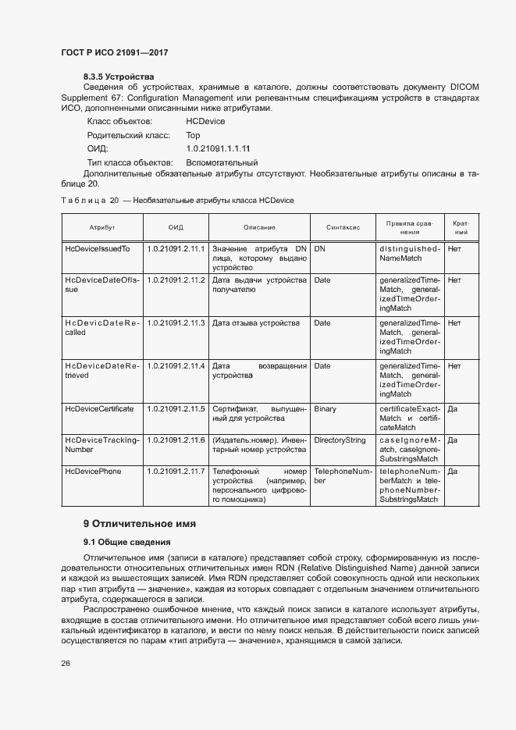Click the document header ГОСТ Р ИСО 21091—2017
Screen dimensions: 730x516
click(x=115, y=52)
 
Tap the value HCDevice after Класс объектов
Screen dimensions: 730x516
click(x=205, y=121)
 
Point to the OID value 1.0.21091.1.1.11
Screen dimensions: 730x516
click(x=218, y=148)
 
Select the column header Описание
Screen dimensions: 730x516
click(x=259, y=227)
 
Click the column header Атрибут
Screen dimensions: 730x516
click(x=101, y=227)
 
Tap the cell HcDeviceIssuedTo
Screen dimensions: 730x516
click(x=97, y=248)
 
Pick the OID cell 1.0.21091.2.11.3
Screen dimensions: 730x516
click(x=176, y=322)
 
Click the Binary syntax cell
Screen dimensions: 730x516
click(x=325, y=408)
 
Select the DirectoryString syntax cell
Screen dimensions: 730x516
click(x=340, y=440)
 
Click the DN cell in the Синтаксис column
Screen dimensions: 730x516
click(x=319, y=248)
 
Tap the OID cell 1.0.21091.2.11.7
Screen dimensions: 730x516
click(x=176, y=472)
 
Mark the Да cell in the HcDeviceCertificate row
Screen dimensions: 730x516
click(x=452, y=408)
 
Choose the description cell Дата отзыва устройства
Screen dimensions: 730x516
click(x=256, y=322)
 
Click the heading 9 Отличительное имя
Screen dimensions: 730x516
click(x=139, y=523)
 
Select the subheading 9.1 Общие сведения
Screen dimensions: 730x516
click(x=127, y=542)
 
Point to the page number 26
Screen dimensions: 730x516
click(x=66, y=663)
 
